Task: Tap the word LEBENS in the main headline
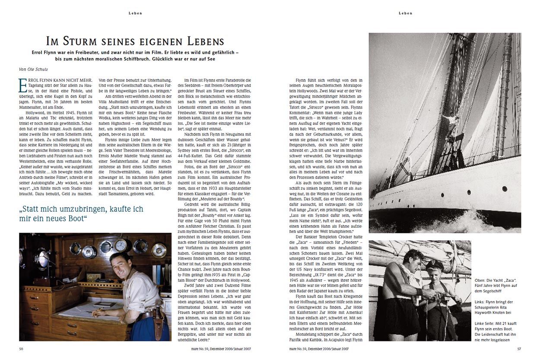pos(201,41)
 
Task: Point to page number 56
pos(21,348)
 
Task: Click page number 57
pos(519,348)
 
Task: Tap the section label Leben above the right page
pos(405,13)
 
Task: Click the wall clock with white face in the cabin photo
pos(121,245)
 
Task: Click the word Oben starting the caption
pos(480,280)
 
